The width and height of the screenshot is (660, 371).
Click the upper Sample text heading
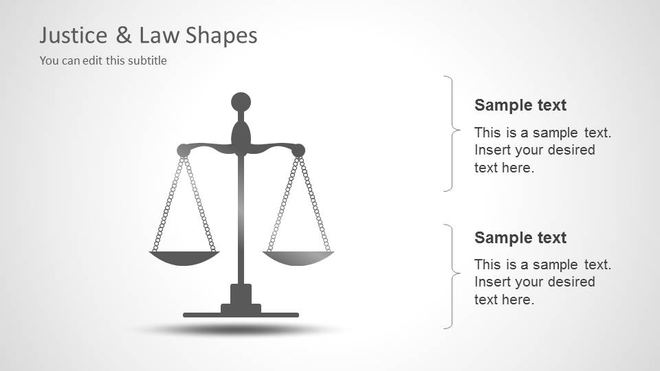tap(520, 105)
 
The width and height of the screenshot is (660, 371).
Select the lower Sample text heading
tap(520, 238)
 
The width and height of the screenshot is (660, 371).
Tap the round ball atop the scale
tap(241, 102)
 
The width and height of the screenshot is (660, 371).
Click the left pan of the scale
tap(184, 258)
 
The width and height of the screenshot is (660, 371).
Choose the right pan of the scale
tap(298, 258)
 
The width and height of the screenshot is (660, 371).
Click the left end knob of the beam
tap(183, 150)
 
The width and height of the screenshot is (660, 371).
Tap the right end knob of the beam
tap(298, 150)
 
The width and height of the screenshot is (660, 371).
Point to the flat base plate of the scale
tap(241, 315)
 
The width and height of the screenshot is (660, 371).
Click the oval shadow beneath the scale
tap(241, 330)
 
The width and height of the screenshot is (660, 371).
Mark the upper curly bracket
tap(451, 133)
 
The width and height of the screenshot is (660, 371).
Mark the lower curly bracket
tap(451, 276)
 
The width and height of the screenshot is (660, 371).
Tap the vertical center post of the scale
tap(241, 220)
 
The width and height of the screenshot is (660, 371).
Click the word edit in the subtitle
tap(92, 60)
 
